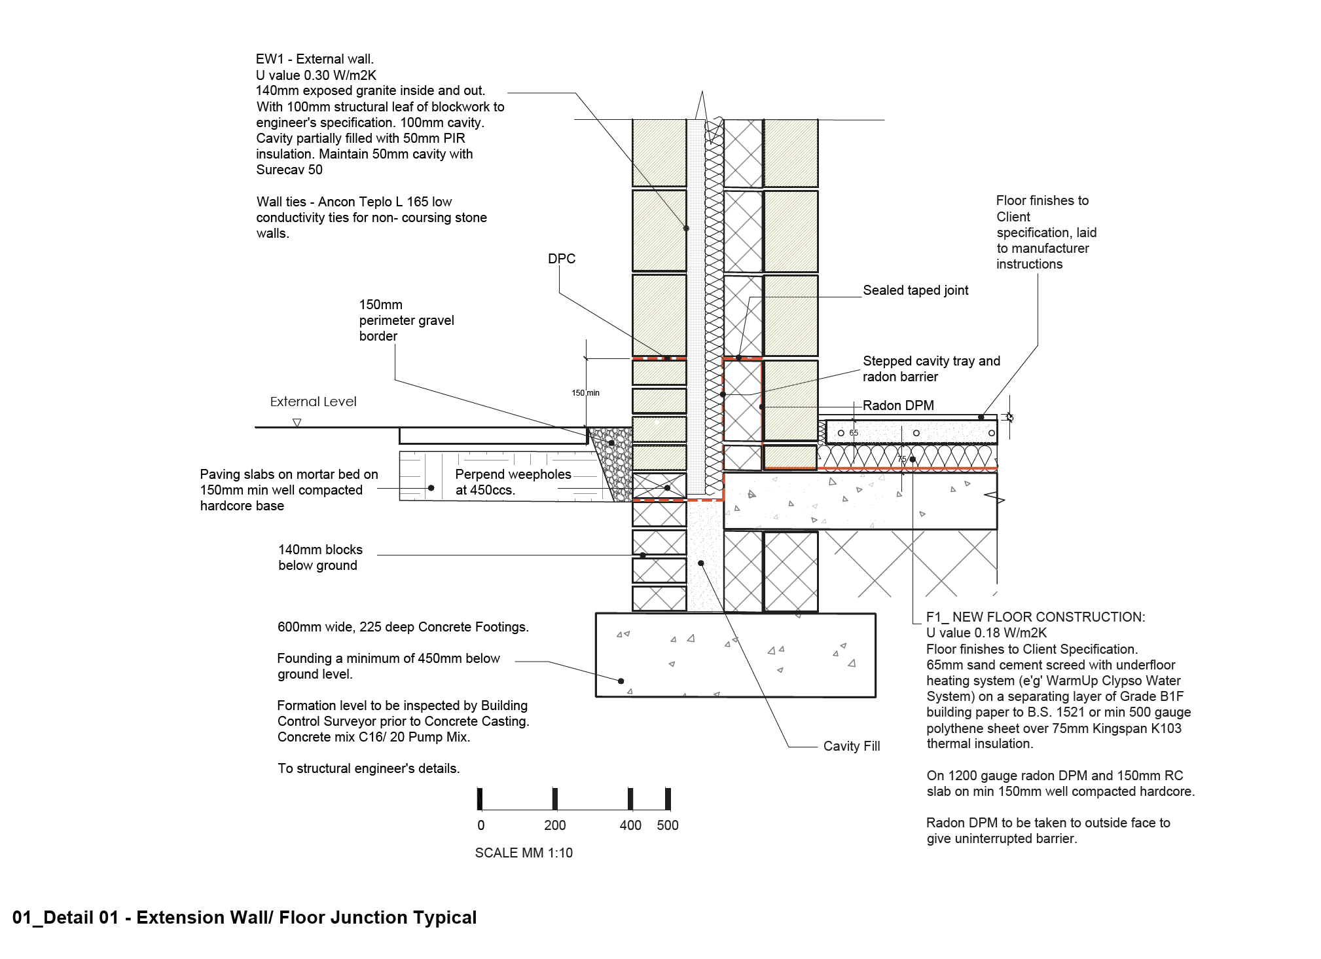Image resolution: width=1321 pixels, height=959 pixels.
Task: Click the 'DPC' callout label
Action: tap(562, 259)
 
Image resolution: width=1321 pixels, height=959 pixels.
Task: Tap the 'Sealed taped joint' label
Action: tap(915, 290)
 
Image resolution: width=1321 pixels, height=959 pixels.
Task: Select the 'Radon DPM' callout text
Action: tap(898, 405)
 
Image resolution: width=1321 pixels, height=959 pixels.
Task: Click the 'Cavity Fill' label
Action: tap(852, 746)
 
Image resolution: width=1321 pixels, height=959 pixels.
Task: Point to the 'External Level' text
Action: tap(313, 402)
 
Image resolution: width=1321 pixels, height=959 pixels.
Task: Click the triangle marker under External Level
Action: tap(297, 423)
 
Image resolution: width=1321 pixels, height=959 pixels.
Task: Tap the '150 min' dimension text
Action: tap(585, 393)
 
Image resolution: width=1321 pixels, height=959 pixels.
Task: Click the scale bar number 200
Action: tap(555, 825)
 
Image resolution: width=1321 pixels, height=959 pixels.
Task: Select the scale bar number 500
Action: tap(668, 825)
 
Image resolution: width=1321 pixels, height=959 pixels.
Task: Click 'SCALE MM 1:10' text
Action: tap(524, 853)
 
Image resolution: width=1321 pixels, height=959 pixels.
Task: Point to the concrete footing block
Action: tap(735, 655)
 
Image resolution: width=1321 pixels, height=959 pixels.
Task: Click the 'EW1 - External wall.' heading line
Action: tap(315, 59)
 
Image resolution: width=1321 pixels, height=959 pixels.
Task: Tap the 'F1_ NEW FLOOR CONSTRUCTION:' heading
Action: tap(1036, 617)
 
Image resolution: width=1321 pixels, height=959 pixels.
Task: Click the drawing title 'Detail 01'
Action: tap(81, 918)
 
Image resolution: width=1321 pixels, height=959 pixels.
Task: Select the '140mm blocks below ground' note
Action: tap(320, 557)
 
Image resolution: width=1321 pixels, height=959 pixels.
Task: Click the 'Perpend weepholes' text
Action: tap(513, 474)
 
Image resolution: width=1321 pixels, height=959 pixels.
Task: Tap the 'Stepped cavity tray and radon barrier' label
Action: tap(932, 369)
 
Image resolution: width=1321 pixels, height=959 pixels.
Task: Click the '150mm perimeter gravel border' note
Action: tap(407, 320)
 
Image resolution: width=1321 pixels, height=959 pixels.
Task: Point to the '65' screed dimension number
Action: tap(854, 433)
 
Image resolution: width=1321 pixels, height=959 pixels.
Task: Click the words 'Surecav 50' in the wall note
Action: tap(289, 170)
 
